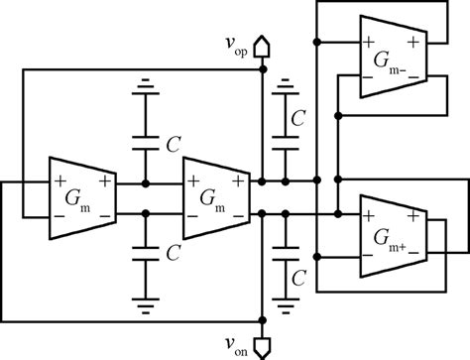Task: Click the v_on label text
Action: pyautogui.click(x=235, y=345)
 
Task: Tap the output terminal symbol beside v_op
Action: pyautogui.click(x=263, y=46)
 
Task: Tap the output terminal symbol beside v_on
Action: pyautogui.click(x=263, y=344)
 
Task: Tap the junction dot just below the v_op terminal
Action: pyautogui.click(x=263, y=70)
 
